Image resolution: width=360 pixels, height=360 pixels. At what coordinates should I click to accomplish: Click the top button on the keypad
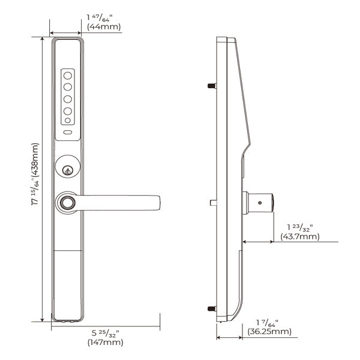point(68,76)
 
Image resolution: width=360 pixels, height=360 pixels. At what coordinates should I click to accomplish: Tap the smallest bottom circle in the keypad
point(68,122)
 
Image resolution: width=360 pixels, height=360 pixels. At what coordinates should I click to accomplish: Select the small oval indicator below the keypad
point(68,133)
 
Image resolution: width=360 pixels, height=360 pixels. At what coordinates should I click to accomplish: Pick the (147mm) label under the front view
point(106,343)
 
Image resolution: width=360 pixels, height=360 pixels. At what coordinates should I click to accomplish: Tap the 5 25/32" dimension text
point(106,332)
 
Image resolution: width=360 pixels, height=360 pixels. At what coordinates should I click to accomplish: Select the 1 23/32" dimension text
point(299,227)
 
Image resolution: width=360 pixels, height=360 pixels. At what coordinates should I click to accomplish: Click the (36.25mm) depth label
point(268,331)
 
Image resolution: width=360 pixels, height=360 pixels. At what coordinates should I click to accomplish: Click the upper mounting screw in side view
point(211,86)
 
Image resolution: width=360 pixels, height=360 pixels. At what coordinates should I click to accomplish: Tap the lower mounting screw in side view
point(211,309)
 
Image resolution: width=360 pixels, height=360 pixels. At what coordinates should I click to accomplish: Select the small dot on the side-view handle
point(259,203)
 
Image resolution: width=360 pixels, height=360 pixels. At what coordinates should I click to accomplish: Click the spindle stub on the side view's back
point(213,203)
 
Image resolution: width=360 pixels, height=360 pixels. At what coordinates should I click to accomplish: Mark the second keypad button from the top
point(68,87)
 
